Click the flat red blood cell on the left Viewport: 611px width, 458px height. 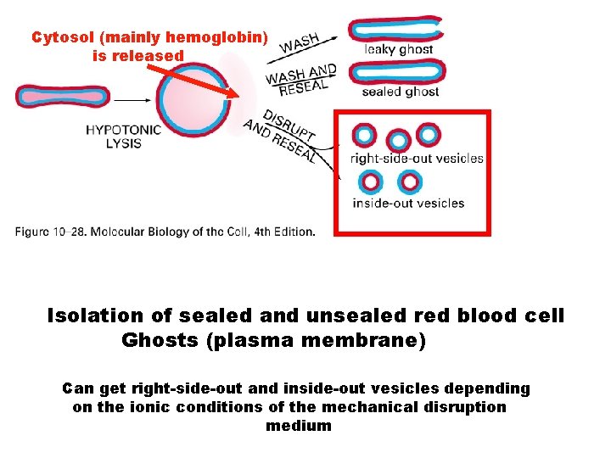point(51,96)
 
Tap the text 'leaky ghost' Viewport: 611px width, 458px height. point(398,50)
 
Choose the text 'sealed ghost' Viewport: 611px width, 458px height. point(399,92)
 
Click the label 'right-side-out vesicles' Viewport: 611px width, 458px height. point(417,158)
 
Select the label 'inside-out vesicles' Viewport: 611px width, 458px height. point(408,203)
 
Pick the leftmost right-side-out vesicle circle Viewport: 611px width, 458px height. point(365,135)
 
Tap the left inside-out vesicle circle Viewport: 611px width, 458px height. point(370,182)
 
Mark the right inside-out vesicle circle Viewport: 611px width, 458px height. point(410,182)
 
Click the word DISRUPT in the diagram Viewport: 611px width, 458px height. point(289,126)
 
